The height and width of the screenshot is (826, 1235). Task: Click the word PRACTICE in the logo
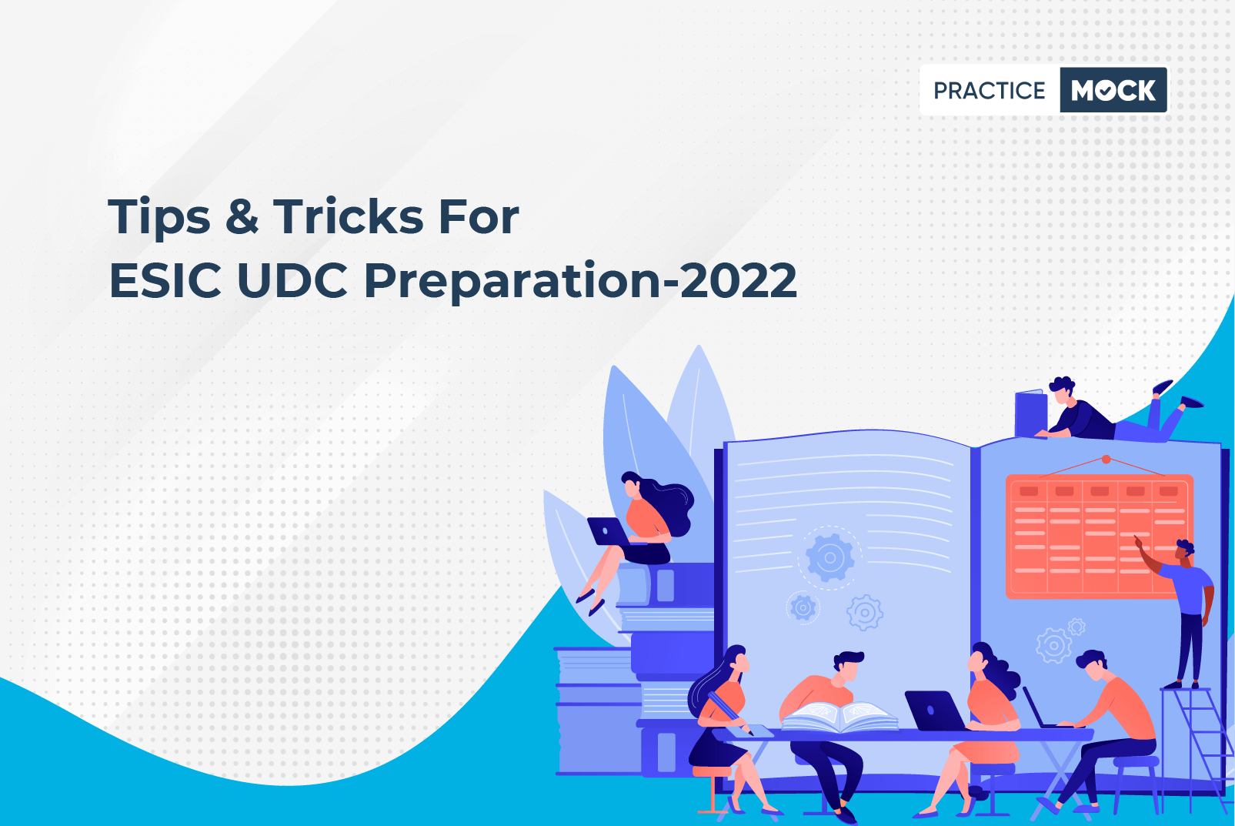tap(989, 90)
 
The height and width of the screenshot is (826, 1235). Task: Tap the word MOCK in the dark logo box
tap(1113, 90)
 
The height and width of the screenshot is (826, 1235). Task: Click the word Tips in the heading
tap(159, 217)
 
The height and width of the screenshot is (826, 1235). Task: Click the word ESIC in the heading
tap(165, 280)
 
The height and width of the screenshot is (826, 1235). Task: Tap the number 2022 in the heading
tap(738, 280)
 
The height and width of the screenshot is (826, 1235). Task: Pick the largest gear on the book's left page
tap(829, 558)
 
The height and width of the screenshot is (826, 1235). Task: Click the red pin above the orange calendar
tap(1106, 460)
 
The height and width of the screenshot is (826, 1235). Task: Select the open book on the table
tap(839, 716)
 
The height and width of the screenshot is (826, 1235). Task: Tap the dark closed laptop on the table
tap(934, 711)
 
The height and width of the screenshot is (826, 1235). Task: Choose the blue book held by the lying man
tap(1031, 413)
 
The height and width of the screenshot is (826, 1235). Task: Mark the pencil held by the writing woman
tap(730, 714)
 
